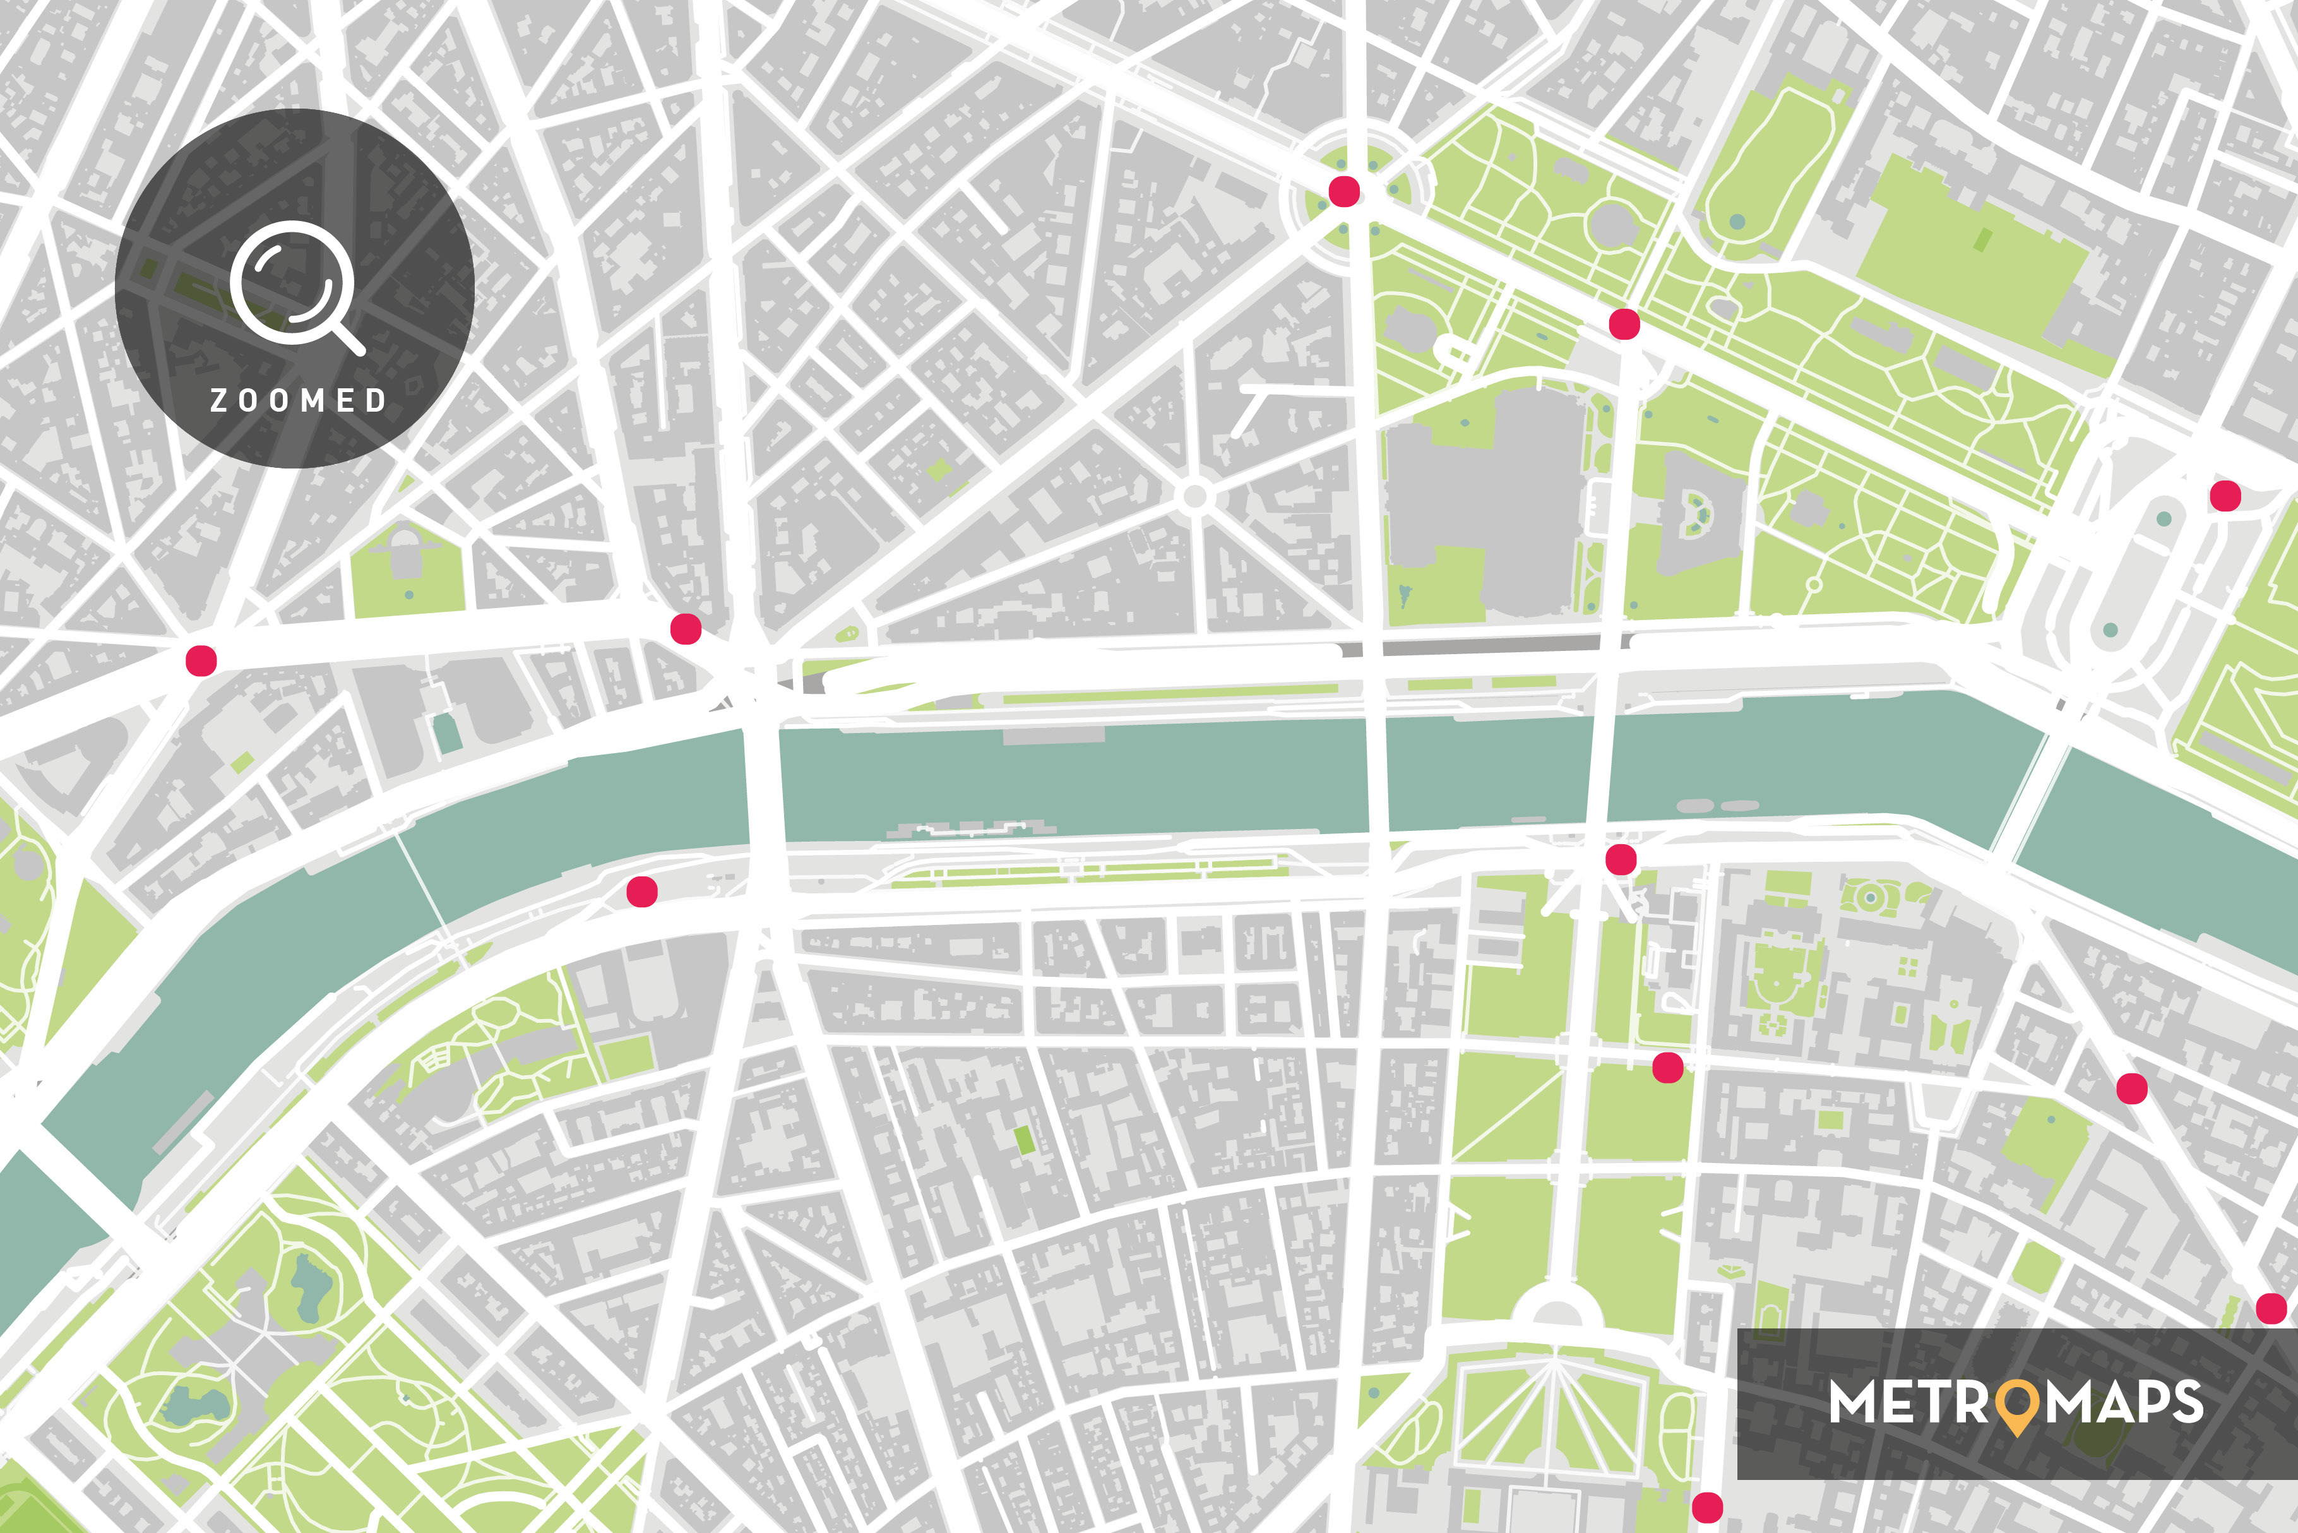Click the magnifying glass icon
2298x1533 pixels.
pos(293,285)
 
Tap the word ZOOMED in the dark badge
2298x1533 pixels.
pos(298,400)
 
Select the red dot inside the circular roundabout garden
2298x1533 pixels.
pos(1344,192)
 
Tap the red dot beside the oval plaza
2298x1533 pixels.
pos(2225,496)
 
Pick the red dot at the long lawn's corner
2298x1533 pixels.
pos(1667,1068)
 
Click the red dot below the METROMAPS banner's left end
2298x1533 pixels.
pos(1706,1506)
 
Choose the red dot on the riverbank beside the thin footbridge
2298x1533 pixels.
pos(641,891)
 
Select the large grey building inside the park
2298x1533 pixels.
pos(1485,499)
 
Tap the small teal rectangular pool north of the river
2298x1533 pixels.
pos(448,733)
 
